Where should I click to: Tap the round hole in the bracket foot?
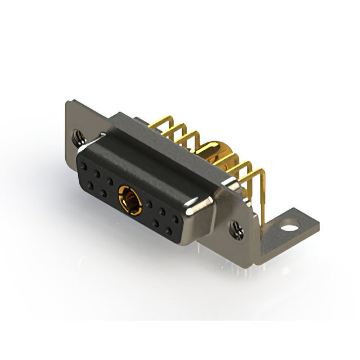pos(289,229)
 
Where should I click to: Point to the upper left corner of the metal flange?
pos(68,103)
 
